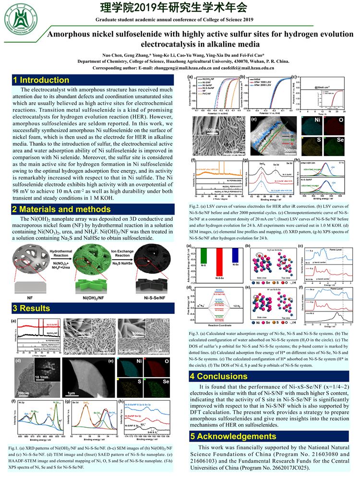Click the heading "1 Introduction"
(41, 80)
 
